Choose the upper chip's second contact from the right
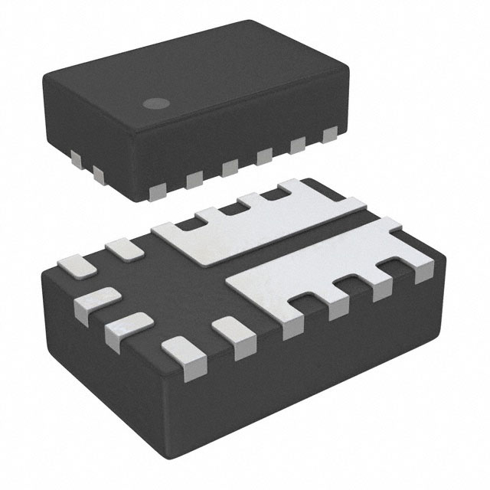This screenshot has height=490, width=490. tap(297, 145)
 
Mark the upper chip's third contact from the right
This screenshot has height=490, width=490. tap(263, 156)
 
